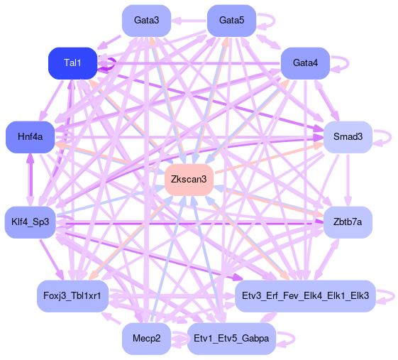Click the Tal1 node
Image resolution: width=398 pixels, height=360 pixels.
coord(73,63)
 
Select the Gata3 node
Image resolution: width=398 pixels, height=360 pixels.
coord(146,21)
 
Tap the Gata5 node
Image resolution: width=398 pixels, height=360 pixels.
coord(231,21)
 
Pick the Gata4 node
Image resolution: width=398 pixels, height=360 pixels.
coord(305,63)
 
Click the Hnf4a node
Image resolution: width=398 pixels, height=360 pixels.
coord(31,137)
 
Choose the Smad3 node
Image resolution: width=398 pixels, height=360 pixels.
coord(348,137)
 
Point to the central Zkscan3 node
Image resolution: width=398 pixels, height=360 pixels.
coord(189,180)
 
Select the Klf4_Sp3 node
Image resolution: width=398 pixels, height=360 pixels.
coord(31,222)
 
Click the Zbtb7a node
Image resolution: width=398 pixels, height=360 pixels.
coord(348,222)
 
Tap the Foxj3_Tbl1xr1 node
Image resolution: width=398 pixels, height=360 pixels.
coord(73,296)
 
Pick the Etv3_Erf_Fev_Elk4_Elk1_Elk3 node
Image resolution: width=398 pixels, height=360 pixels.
coord(305,296)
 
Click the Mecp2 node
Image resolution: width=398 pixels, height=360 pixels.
coord(146,339)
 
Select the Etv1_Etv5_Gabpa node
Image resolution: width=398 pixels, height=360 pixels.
coord(231,339)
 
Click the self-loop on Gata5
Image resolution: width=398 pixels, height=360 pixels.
coord(275,21)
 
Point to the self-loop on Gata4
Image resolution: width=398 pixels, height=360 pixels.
coord(348,63)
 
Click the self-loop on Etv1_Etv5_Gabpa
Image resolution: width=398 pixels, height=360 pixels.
coord(294,339)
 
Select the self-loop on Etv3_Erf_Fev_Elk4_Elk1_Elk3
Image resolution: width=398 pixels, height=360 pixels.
coord(394,296)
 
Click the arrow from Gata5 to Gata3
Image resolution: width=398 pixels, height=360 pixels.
coord(189,21)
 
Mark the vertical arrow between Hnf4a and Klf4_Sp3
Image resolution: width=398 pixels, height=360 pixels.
coord(31,180)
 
